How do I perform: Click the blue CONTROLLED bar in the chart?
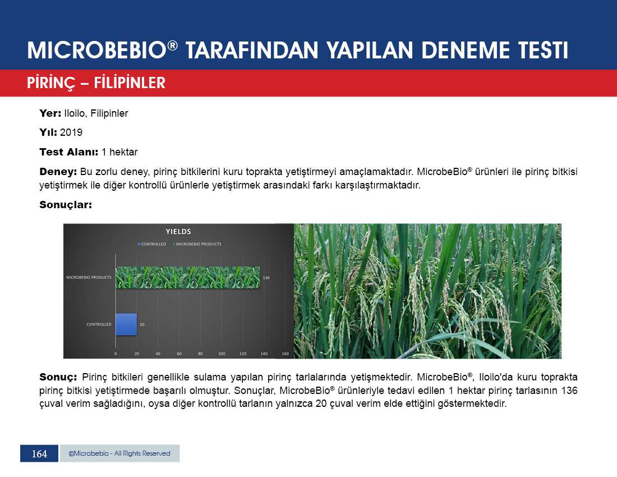pos(126,325)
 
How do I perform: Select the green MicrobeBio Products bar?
pos(188,277)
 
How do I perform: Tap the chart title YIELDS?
pos(178,232)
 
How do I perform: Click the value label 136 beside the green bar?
pos(266,277)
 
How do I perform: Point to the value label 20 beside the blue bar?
pos(142,325)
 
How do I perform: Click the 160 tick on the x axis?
pos(286,354)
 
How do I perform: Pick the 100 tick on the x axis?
pos(222,354)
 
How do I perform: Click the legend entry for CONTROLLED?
pos(152,245)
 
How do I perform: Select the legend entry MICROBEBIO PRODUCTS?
pos(197,245)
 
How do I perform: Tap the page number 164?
pos(39,453)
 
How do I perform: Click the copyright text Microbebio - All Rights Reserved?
pos(119,453)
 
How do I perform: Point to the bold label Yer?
pos(50,113)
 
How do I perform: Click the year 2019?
pos(71,132)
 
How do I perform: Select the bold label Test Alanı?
pos(69,152)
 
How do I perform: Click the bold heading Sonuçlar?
pos(66,205)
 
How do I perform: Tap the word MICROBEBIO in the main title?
pos(97,51)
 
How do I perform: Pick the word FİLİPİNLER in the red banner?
pos(130,82)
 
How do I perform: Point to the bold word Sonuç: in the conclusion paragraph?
pos(58,378)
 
